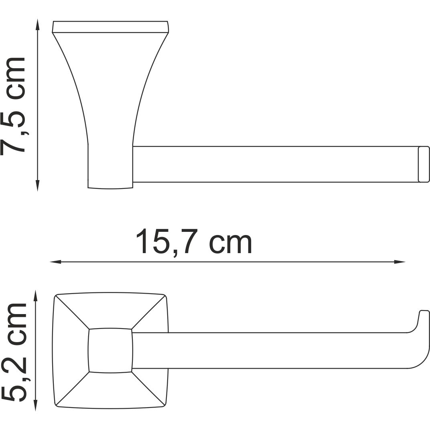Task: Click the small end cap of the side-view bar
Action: [423, 164]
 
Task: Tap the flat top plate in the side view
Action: [110, 27]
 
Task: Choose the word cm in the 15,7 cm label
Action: [231, 243]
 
